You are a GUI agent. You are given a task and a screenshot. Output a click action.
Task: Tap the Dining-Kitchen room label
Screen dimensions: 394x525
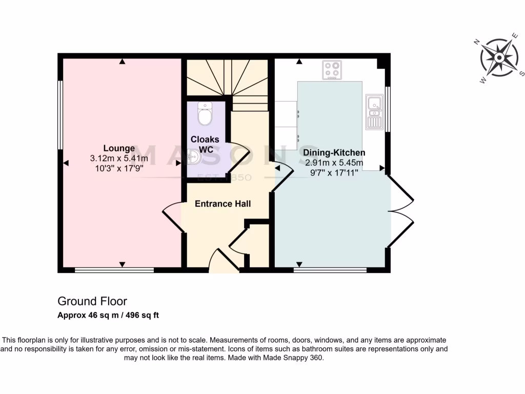tap(334, 152)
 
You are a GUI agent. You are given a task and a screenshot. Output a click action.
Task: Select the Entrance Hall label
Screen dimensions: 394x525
tap(223, 204)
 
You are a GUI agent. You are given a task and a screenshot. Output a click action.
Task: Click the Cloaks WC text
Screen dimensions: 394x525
tap(205, 144)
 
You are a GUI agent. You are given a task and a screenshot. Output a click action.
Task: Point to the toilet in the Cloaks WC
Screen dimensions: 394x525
tap(205, 114)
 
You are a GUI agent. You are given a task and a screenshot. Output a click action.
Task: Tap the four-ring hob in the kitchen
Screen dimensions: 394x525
tap(332, 70)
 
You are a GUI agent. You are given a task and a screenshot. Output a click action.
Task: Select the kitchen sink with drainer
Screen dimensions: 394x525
tap(374, 111)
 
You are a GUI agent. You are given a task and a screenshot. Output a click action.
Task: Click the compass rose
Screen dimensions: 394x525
tap(498, 58)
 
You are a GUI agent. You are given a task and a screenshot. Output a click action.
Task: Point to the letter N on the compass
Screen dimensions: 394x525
tap(476, 43)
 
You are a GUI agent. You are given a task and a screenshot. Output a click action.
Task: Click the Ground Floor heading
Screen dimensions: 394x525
tap(92, 301)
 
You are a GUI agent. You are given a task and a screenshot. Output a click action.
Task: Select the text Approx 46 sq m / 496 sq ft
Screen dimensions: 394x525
tap(108, 315)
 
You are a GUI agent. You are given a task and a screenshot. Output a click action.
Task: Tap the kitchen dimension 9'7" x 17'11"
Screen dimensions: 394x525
tap(334, 173)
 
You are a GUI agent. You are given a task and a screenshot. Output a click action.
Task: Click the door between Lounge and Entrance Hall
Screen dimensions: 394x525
tap(173, 218)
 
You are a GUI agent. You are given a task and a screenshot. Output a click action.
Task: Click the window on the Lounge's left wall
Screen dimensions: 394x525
tap(60, 115)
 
